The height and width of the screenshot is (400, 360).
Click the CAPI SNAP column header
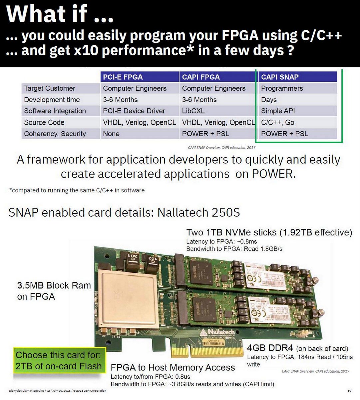point(280,77)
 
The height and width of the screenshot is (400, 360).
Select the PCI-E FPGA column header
point(123,77)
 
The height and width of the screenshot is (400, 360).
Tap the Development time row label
point(52,100)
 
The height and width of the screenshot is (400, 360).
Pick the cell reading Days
point(269,100)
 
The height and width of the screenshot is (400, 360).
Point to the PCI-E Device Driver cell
point(134,111)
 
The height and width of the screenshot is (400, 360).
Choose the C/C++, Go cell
point(278,122)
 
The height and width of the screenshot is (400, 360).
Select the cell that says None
point(111,134)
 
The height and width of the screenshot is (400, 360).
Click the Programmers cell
point(282,88)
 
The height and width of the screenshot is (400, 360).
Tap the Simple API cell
point(278,111)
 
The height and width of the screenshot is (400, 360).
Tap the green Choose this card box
point(59,361)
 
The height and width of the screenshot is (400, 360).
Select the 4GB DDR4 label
point(270,348)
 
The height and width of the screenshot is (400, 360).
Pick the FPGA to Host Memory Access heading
point(173,367)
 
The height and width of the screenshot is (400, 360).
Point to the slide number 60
point(349,391)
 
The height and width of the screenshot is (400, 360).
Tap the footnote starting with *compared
point(77,190)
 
